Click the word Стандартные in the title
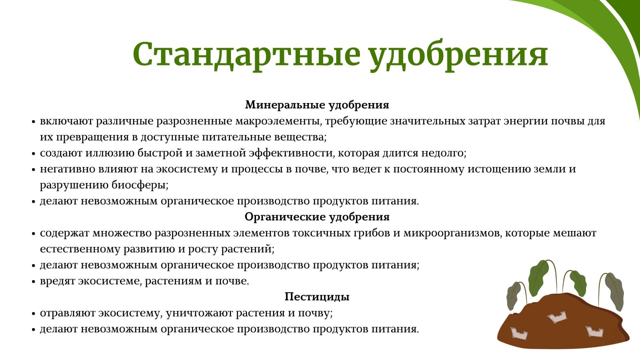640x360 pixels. (247, 54)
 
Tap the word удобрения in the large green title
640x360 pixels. (459, 56)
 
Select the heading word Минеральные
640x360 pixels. (285, 105)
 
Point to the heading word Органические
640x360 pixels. (285, 217)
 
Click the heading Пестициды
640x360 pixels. (317, 297)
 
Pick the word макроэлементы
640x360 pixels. (278, 121)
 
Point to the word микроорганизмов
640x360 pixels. (452, 233)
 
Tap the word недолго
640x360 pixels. (444, 153)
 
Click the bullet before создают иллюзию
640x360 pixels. (33, 154)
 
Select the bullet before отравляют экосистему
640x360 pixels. (33, 314)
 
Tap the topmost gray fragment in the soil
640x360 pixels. (557, 317)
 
